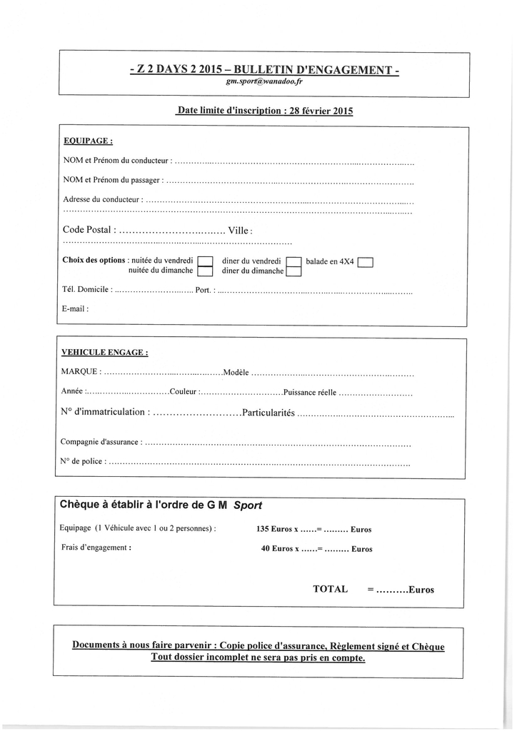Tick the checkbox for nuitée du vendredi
(x=205, y=261)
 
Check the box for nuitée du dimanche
(x=205, y=271)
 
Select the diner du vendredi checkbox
(x=293, y=261)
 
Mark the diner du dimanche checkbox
(x=293, y=271)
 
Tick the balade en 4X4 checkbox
(x=366, y=261)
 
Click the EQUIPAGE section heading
(x=88, y=141)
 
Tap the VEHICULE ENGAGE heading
(x=105, y=352)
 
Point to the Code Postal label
(x=87, y=230)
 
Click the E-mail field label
(x=75, y=309)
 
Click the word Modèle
(x=236, y=373)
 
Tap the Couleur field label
(x=184, y=392)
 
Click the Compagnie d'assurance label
(x=101, y=443)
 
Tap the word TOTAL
(x=330, y=590)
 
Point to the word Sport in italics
(x=249, y=505)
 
